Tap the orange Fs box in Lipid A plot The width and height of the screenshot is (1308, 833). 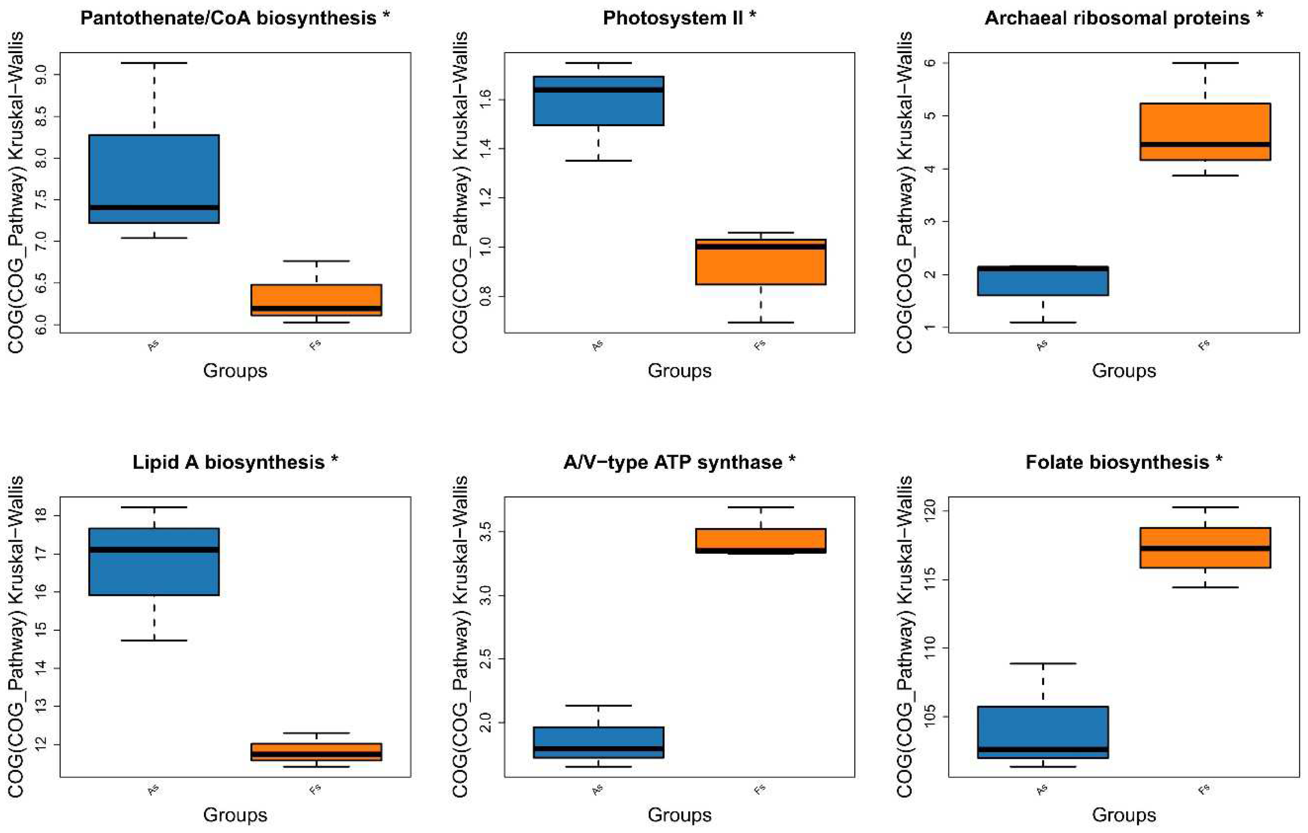click(x=316, y=752)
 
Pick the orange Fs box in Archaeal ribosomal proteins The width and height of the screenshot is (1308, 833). click(x=1205, y=131)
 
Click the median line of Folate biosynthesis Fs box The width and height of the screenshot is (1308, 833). click(x=1205, y=548)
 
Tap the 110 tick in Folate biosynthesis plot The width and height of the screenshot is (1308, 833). click(x=931, y=648)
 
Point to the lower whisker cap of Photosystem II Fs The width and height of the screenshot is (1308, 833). click(x=760, y=322)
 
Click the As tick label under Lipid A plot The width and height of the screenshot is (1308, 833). click(x=153, y=790)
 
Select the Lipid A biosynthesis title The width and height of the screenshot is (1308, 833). click(x=235, y=462)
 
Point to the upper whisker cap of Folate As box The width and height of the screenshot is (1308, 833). click(x=1042, y=663)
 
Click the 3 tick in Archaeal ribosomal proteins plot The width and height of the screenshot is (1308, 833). click(x=931, y=221)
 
